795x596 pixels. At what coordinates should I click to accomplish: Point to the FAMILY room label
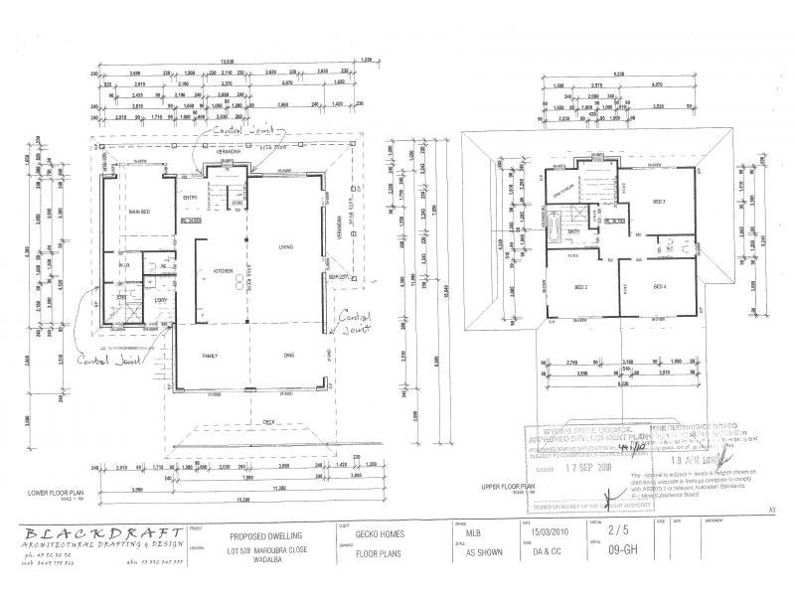[212, 355]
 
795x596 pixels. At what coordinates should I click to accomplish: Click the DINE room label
[289, 355]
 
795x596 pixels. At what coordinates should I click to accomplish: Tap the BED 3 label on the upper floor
[658, 202]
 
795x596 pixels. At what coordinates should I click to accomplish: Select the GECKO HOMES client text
[381, 532]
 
